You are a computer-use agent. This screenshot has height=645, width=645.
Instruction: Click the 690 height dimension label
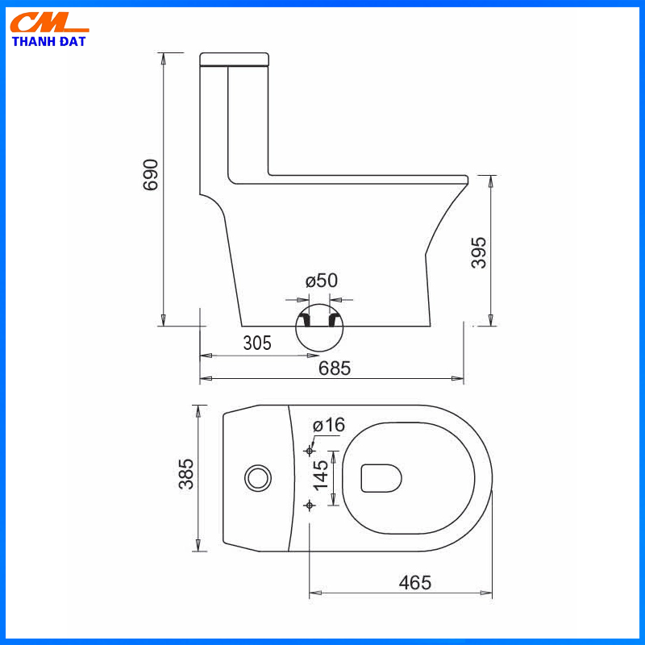pos(151,175)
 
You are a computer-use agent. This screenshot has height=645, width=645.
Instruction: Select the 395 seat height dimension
pos(479,252)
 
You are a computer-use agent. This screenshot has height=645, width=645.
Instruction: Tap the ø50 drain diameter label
pos(321,281)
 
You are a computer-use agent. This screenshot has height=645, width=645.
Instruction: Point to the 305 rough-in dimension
pos(257,343)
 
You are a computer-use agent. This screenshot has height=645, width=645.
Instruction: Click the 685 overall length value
pos(335,368)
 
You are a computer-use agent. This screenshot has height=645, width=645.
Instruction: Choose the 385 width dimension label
pos(186,474)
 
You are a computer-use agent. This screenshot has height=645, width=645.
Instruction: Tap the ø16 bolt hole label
pos(328,425)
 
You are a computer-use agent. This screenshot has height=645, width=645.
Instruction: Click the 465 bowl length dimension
pos(414,582)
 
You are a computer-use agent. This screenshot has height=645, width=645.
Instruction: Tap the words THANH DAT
pos(49,41)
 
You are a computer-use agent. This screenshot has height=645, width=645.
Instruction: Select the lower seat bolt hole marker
pos(310,505)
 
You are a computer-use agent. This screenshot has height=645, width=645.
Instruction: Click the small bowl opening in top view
pos(381,477)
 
